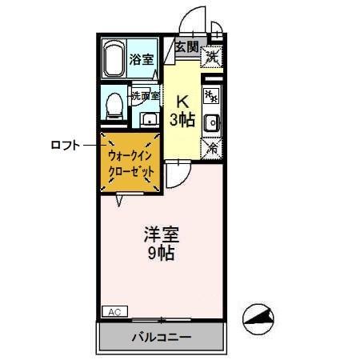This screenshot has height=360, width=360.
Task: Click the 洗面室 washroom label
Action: coord(146,96)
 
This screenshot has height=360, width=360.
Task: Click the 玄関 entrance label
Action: coord(186,47)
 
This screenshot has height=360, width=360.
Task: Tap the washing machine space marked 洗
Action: coord(211,57)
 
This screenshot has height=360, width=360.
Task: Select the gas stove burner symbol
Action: coord(211,97)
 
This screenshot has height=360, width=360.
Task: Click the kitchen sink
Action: coord(211,123)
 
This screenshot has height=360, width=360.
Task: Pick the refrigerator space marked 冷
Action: coord(211,148)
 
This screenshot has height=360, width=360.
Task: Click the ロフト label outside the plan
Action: coord(66,145)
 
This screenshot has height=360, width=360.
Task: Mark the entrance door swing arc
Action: coord(192,20)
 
